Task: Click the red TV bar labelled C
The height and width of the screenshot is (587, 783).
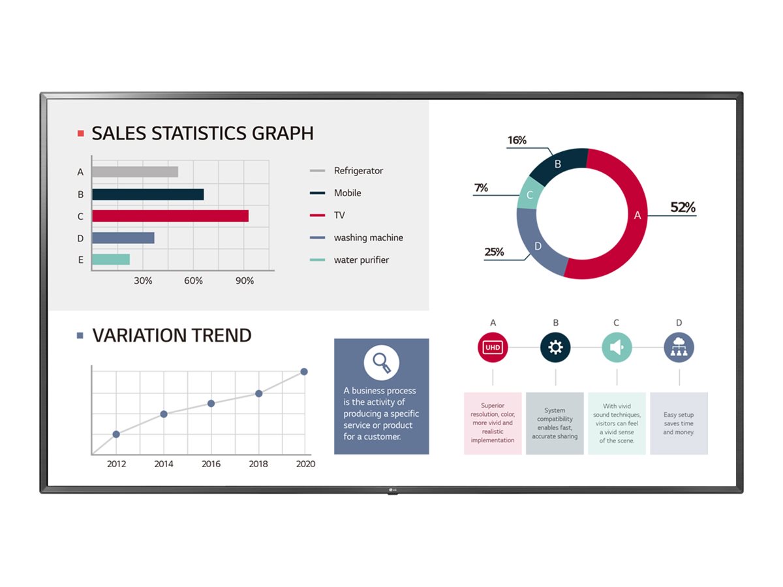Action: [x=170, y=216]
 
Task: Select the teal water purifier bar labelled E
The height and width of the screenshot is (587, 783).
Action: [x=110, y=260]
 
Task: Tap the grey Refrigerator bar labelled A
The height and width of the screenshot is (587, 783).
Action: [x=134, y=172]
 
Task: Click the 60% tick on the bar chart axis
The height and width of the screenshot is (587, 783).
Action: [x=193, y=281]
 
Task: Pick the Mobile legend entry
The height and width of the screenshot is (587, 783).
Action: [x=347, y=193]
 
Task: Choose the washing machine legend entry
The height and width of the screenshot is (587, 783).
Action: [x=368, y=238]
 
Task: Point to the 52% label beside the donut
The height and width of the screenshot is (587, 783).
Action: [x=683, y=208]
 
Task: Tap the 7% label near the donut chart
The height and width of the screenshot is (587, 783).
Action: [x=481, y=188]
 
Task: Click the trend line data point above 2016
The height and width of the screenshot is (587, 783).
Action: [x=211, y=404]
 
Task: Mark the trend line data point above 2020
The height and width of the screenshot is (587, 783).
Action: [x=304, y=372]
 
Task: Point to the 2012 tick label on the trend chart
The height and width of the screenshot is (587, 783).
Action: [x=117, y=464]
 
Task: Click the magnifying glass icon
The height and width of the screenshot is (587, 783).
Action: [x=381, y=363]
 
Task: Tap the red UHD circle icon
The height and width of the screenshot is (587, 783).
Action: [x=493, y=348]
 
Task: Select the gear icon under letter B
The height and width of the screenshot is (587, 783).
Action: [x=555, y=348]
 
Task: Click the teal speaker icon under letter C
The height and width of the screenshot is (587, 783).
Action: [x=617, y=348]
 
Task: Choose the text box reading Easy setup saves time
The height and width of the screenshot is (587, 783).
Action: [x=679, y=423]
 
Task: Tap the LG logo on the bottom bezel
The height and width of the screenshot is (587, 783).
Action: [x=391, y=490]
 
